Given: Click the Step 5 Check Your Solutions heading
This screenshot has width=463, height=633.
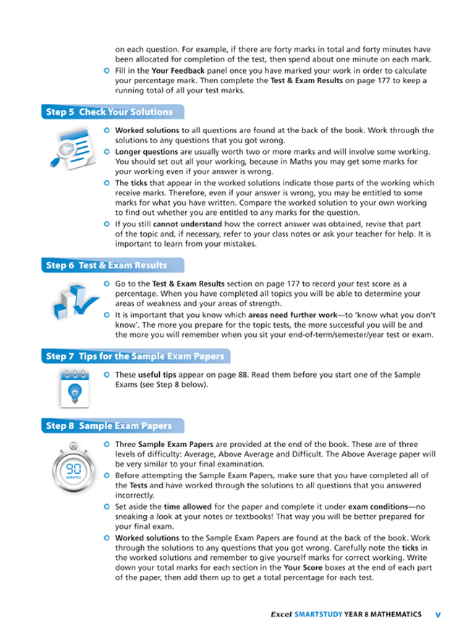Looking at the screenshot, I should (109, 112).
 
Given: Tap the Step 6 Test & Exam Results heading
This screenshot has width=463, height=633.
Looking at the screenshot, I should (106, 266).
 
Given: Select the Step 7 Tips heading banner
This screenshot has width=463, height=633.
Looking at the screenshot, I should (135, 357).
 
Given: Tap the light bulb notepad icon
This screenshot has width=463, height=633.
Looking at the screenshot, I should (73, 388).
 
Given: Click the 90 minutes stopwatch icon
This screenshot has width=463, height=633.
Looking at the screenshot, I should (74, 472).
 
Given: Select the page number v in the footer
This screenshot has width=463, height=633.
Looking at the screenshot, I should (438, 614).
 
